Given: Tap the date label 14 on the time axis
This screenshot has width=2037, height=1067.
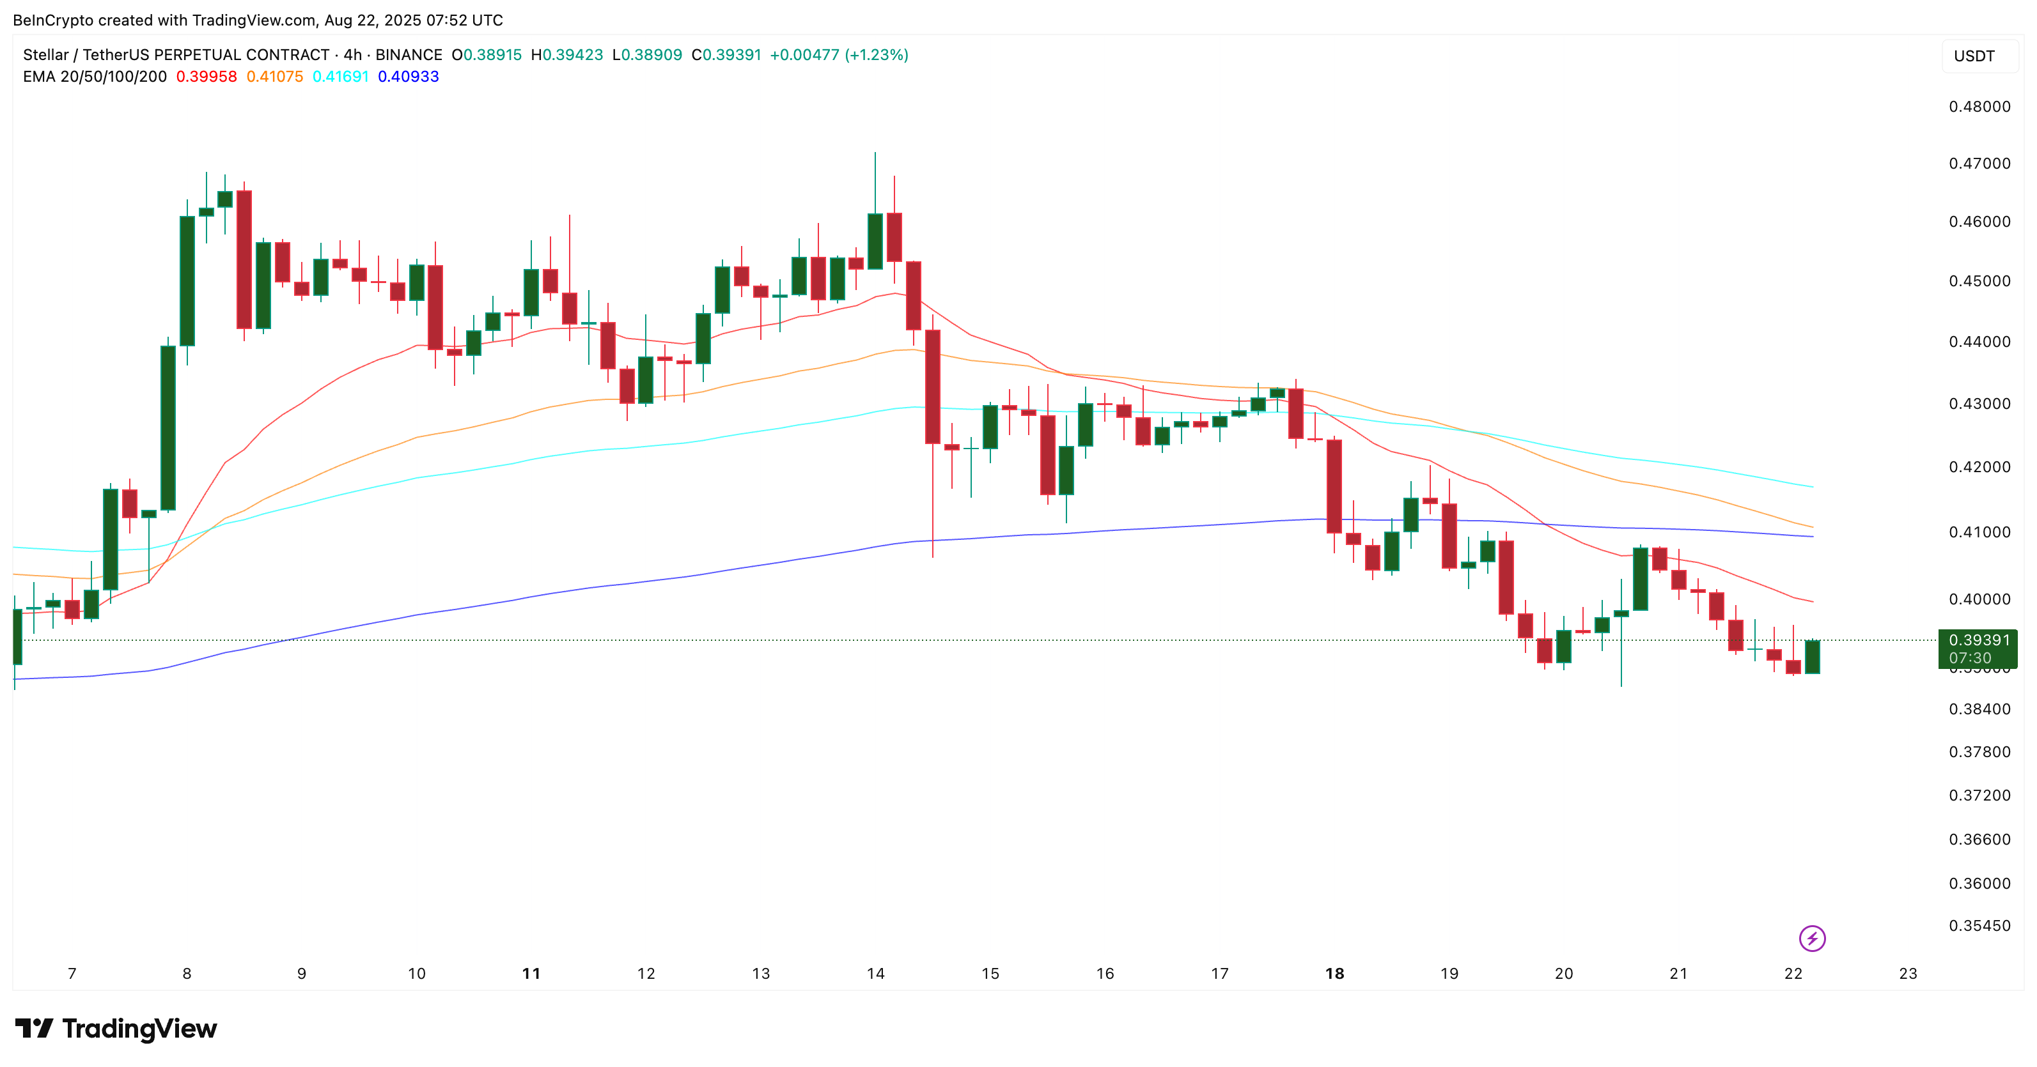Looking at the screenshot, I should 875,974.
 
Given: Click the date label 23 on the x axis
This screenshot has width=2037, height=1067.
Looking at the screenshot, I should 1908,974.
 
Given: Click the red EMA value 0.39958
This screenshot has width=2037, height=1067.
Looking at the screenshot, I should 207,77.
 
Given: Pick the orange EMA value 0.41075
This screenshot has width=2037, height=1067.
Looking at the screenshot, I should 274,77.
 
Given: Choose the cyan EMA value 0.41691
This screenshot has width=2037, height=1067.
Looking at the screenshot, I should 341,77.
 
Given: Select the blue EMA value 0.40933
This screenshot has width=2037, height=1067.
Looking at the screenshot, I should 408,77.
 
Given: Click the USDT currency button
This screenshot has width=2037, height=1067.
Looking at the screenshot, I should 1974,56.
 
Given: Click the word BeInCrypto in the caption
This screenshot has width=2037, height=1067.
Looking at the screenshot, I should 53,20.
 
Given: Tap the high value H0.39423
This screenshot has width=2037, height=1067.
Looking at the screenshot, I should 566,54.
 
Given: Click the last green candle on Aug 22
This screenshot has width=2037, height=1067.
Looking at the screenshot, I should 1812,656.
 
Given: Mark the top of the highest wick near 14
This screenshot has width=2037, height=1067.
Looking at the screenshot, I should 875,153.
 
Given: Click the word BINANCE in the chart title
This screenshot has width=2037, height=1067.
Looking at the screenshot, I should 409,54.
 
